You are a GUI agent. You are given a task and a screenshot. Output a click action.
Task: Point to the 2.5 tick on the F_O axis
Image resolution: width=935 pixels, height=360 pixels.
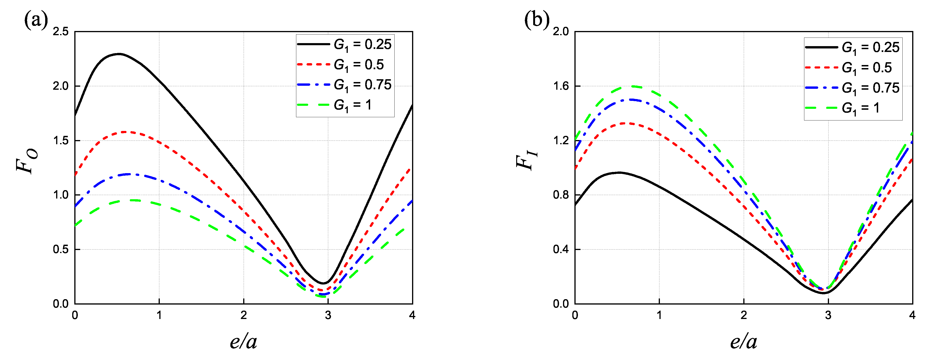pyautogui.click(x=61, y=31)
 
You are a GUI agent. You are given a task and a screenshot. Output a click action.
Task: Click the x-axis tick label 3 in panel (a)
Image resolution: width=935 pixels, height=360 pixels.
pyautogui.click(x=328, y=315)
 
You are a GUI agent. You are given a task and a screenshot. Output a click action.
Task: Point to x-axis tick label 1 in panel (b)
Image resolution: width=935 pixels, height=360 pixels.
pyautogui.click(x=659, y=315)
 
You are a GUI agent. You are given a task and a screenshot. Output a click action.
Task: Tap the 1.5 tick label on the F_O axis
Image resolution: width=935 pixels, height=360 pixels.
pyautogui.click(x=61, y=141)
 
